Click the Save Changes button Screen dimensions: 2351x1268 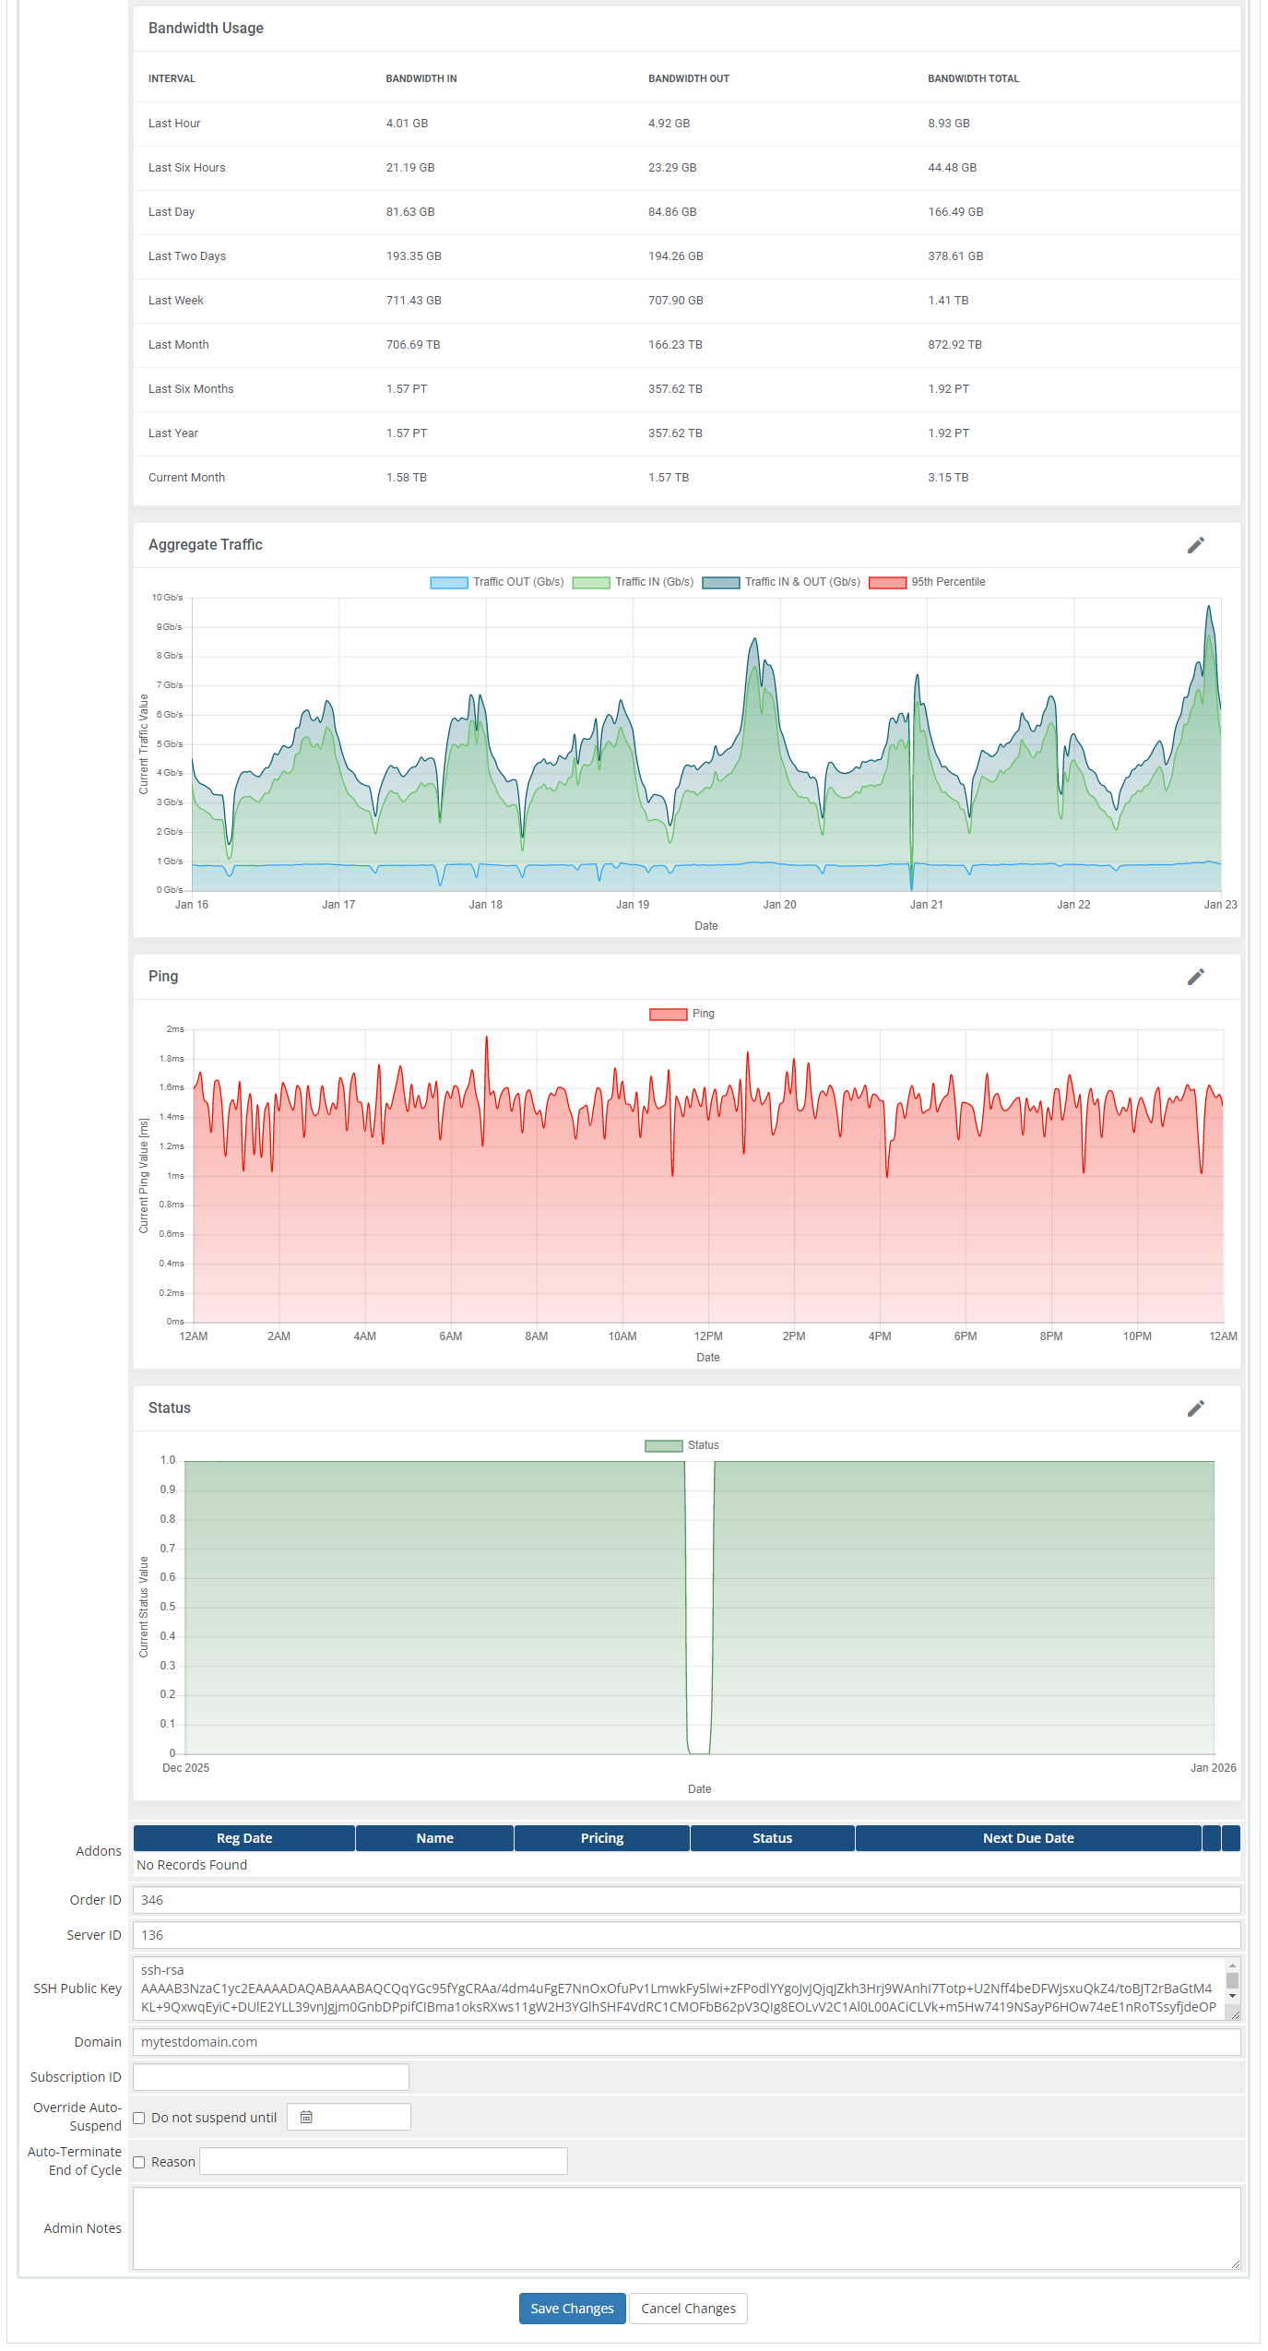[572, 2308]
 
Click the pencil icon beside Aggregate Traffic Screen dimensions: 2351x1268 [1195, 545]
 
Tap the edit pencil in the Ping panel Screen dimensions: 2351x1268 [1195, 977]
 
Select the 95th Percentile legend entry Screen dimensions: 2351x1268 [927, 582]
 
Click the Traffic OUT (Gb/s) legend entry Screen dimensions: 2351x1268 [497, 582]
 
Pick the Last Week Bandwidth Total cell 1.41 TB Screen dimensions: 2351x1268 [948, 301]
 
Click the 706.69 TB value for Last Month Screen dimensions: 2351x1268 [412, 345]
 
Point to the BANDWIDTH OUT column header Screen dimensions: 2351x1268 [688, 78]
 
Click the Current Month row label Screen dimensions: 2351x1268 [186, 478]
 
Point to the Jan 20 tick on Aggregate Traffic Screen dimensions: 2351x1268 [779, 905]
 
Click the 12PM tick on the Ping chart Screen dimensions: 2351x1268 [708, 1336]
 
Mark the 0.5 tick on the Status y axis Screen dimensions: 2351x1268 [168, 1607]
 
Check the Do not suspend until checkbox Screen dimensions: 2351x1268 [139, 2118]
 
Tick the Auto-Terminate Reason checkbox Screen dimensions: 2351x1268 [139, 2162]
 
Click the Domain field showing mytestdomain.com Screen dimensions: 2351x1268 [686, 2042]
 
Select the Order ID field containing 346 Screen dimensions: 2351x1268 [686, 1900]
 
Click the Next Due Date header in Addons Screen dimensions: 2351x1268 [1028, 1838]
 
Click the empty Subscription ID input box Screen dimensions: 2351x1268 [271, 2077]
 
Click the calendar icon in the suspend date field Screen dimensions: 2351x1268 [306, 2117]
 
